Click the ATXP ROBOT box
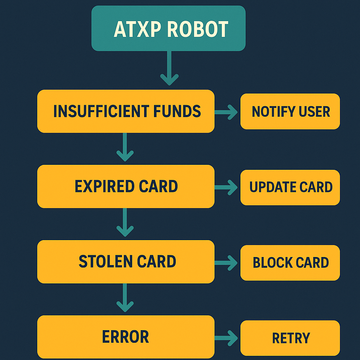tap(168, 28)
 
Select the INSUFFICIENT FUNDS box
tap(126, 111)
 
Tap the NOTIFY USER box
tap(290, 111)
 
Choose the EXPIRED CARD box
tap(126, 186)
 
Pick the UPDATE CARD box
tap(290, 187)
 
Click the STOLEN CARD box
tap(126, 262)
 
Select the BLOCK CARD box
tap(290, 263)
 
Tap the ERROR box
tap(126, 337)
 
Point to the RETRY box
tap(290, 338)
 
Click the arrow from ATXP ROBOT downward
tap(169, 69)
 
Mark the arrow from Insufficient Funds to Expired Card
tap(125, 147)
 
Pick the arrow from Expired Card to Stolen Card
tap(125, 222)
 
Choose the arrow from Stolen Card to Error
tap(125, 297)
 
